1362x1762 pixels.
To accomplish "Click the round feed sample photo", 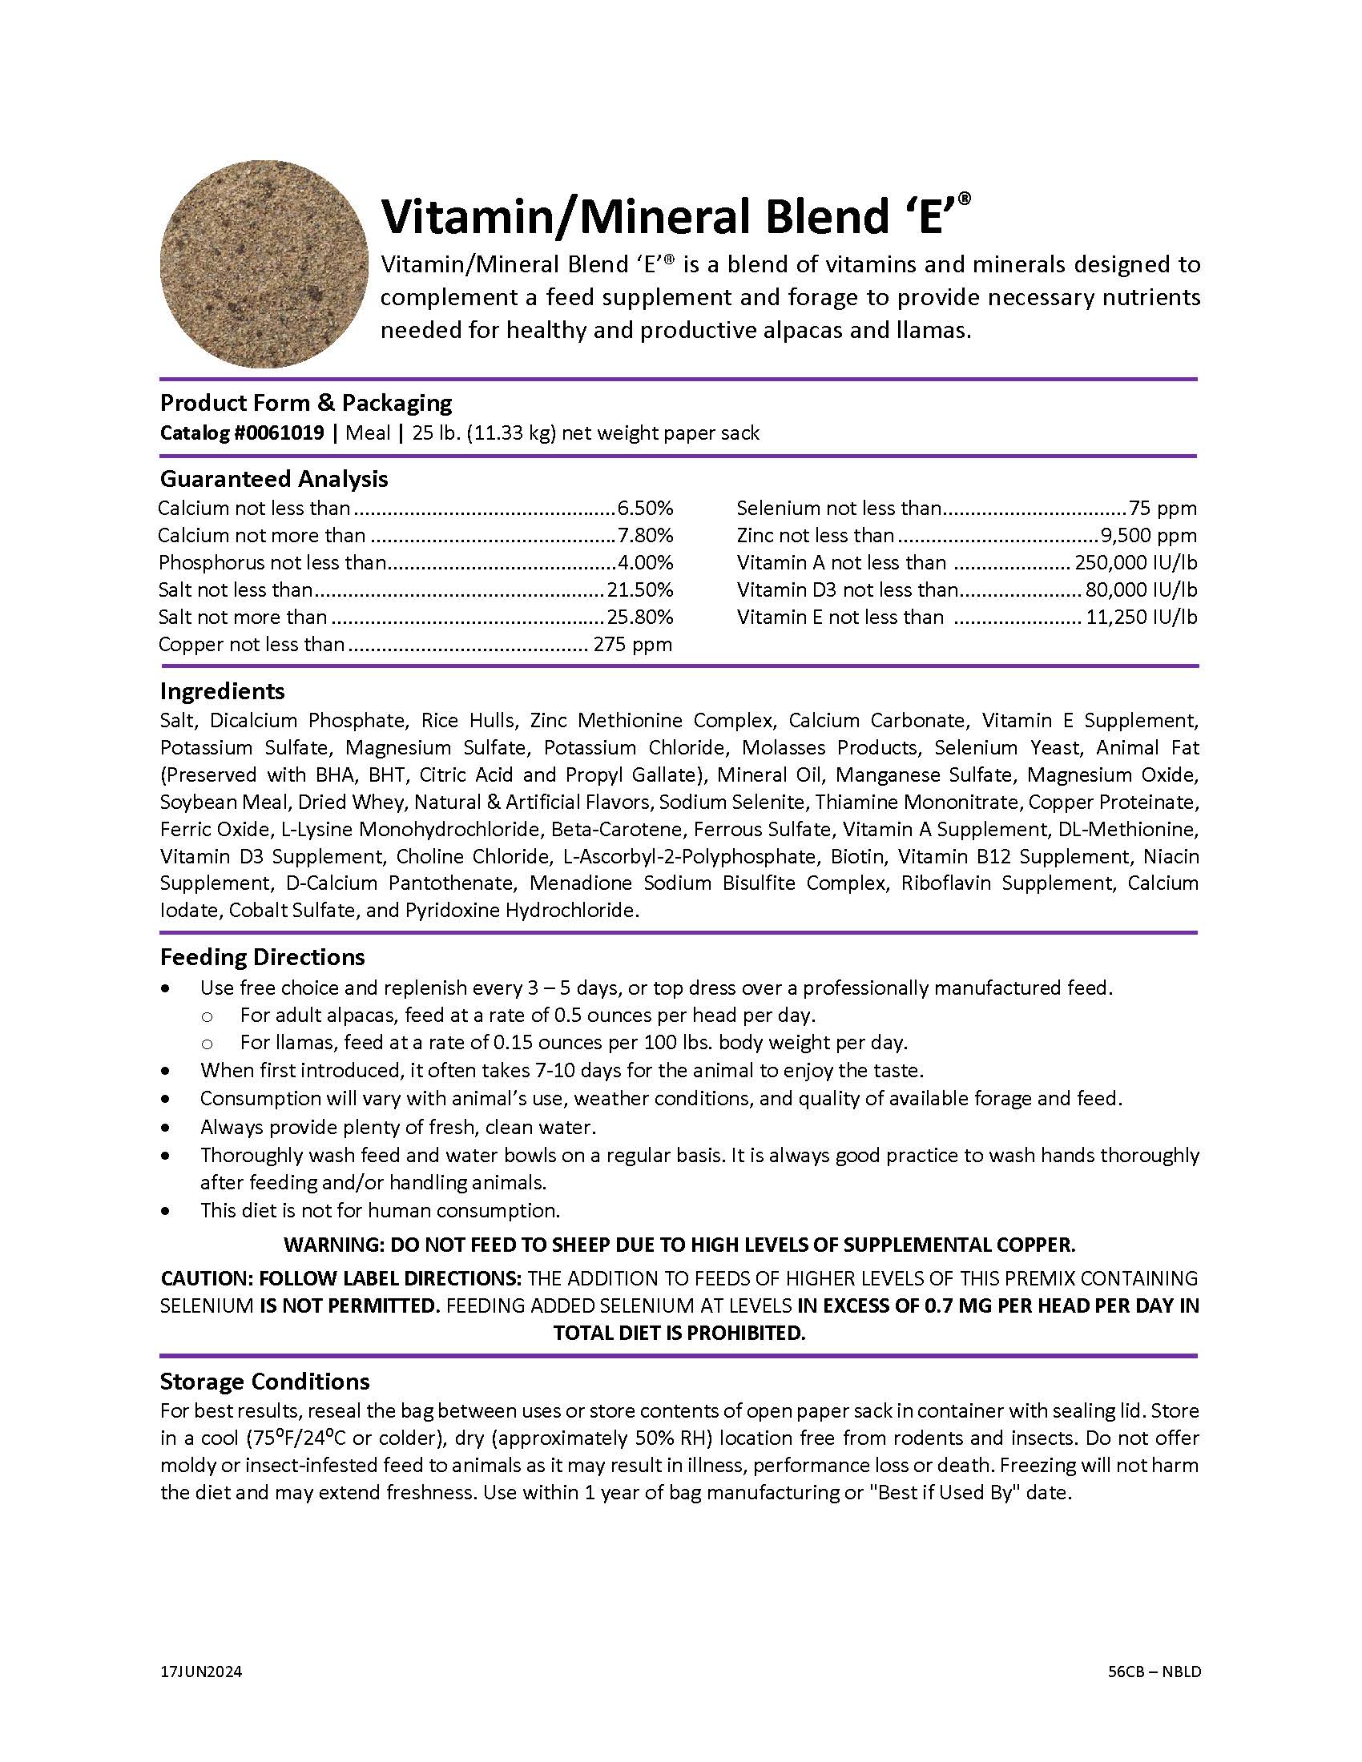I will pos(264,263).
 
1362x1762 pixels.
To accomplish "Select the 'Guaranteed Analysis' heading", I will pos(273,478).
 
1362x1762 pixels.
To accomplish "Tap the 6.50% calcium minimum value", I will pos(645,509).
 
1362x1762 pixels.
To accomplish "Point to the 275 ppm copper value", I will pos(633,645).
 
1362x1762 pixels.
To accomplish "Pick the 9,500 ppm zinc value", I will pos(1148,536).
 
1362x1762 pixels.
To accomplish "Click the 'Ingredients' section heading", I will pos(222,691).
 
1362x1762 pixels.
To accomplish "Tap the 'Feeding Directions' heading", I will pos(262,957).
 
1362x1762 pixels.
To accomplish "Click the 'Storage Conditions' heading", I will pos(264,1382).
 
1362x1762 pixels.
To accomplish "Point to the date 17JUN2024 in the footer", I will pos(201,1671).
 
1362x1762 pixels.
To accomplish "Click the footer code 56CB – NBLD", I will pos(1154,1671).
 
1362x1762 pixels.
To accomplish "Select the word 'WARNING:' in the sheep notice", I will pos(333,1244).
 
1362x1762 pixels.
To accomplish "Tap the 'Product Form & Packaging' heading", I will pos(306,403).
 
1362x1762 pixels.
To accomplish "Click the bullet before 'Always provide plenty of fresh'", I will pos(166,1128).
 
